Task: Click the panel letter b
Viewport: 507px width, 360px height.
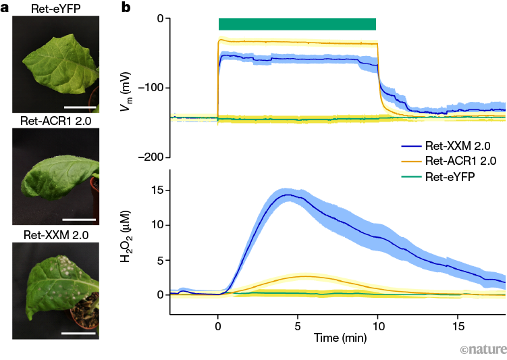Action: [125, 8]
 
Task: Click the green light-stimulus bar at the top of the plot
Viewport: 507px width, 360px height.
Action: [297, 24]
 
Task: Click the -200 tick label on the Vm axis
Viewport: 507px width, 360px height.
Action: [153, 157]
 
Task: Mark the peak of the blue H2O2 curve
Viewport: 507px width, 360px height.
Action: [289, 195]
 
